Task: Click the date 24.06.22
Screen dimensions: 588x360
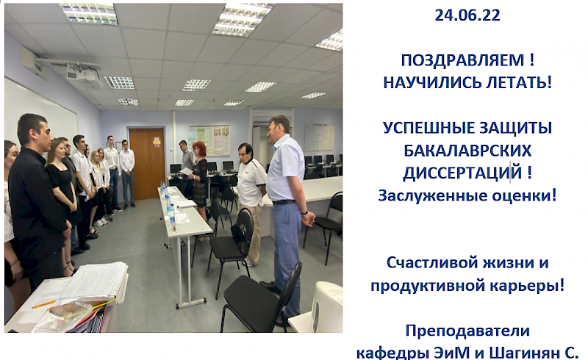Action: [467, 15]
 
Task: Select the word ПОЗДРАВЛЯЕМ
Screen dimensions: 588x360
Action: [462, 60]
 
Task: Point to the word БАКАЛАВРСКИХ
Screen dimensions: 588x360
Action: [467, 151]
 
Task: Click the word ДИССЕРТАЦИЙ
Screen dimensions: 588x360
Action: [462, 173]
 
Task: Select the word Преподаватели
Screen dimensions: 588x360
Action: [467, 331]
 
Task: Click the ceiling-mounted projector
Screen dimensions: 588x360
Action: [85, 76]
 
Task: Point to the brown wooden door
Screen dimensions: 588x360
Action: [147, 164]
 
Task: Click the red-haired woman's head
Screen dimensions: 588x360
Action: [198, 149]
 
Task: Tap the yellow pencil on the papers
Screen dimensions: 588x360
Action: [43, 304]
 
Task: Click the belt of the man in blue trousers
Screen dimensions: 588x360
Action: [284, 202]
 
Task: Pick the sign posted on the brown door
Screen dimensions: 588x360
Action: [157, 142]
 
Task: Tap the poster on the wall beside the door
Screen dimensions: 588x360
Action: [209, 140]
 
